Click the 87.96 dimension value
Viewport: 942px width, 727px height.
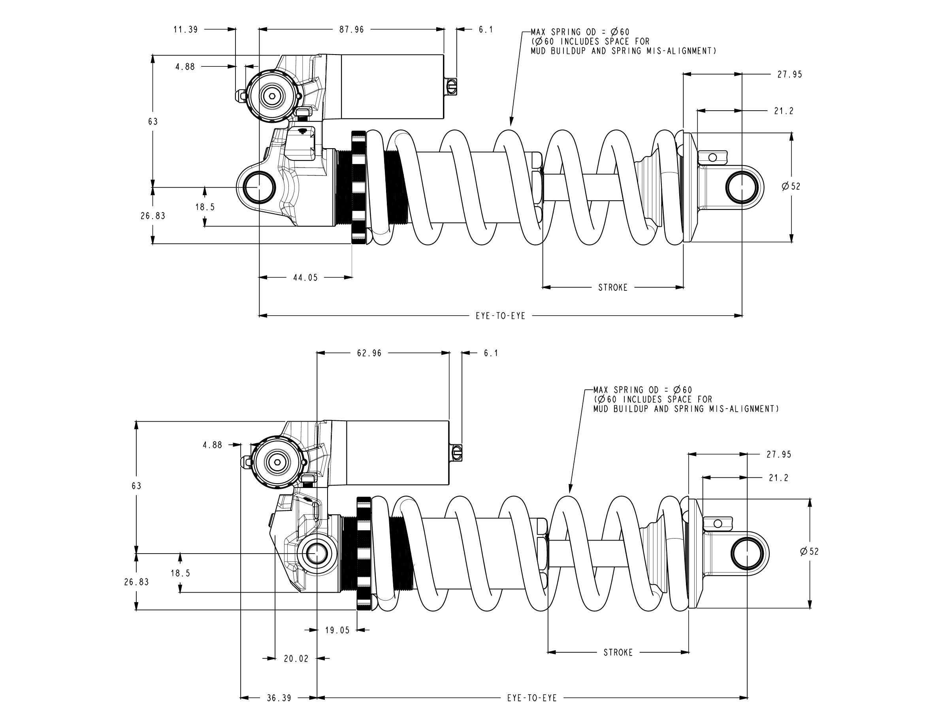352,30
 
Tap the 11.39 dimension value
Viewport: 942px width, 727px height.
185,30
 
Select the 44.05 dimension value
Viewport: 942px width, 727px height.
305,278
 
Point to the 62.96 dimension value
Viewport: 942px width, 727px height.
369,353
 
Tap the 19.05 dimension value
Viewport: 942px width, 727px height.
337,631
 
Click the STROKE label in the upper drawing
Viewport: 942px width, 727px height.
613,288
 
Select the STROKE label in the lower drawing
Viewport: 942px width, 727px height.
618,653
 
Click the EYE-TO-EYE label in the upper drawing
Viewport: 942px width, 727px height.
500,316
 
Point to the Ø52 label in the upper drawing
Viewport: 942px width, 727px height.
791,186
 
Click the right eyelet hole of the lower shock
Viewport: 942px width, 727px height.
748,554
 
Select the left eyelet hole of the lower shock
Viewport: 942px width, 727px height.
317,554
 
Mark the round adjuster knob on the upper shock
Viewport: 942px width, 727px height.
272,96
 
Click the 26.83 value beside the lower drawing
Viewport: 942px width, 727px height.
136,582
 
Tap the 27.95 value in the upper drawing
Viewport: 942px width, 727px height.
790,75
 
